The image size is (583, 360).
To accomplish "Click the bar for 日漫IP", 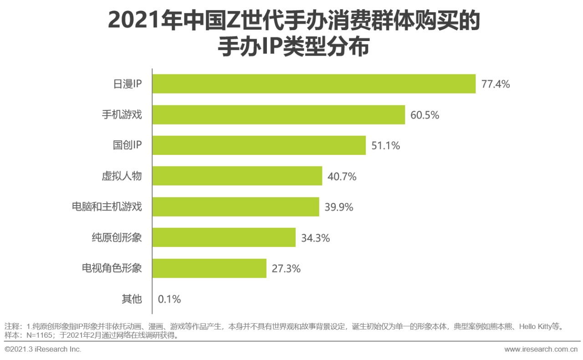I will click(314, 84).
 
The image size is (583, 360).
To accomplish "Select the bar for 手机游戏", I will click(278, 115).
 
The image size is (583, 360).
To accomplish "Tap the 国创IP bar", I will click(259, 145).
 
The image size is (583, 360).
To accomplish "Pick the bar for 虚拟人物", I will click(237, 176).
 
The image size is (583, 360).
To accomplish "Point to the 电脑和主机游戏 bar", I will click(235, 207).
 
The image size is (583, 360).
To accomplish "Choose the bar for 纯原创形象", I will click(224, 237).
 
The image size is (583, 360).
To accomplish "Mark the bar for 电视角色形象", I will click(209, 268).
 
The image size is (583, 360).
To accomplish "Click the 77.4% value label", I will click(496, 84).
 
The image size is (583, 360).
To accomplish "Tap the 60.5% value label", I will click(424, 115).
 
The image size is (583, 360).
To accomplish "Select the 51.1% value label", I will click(385, 146).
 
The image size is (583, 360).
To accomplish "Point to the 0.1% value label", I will click(169, 299).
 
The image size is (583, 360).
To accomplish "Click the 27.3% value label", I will click(286, 269).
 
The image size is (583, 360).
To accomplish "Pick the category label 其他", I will click(132, 299).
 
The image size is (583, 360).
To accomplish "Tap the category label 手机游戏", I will click(122, 115).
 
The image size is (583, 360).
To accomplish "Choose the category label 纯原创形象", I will click(117, 237).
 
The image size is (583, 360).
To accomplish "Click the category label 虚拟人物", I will click(122, 176).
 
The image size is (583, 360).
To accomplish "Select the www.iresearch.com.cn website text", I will click(541, 350).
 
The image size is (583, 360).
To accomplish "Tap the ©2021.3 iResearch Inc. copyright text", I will click(43, 350).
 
